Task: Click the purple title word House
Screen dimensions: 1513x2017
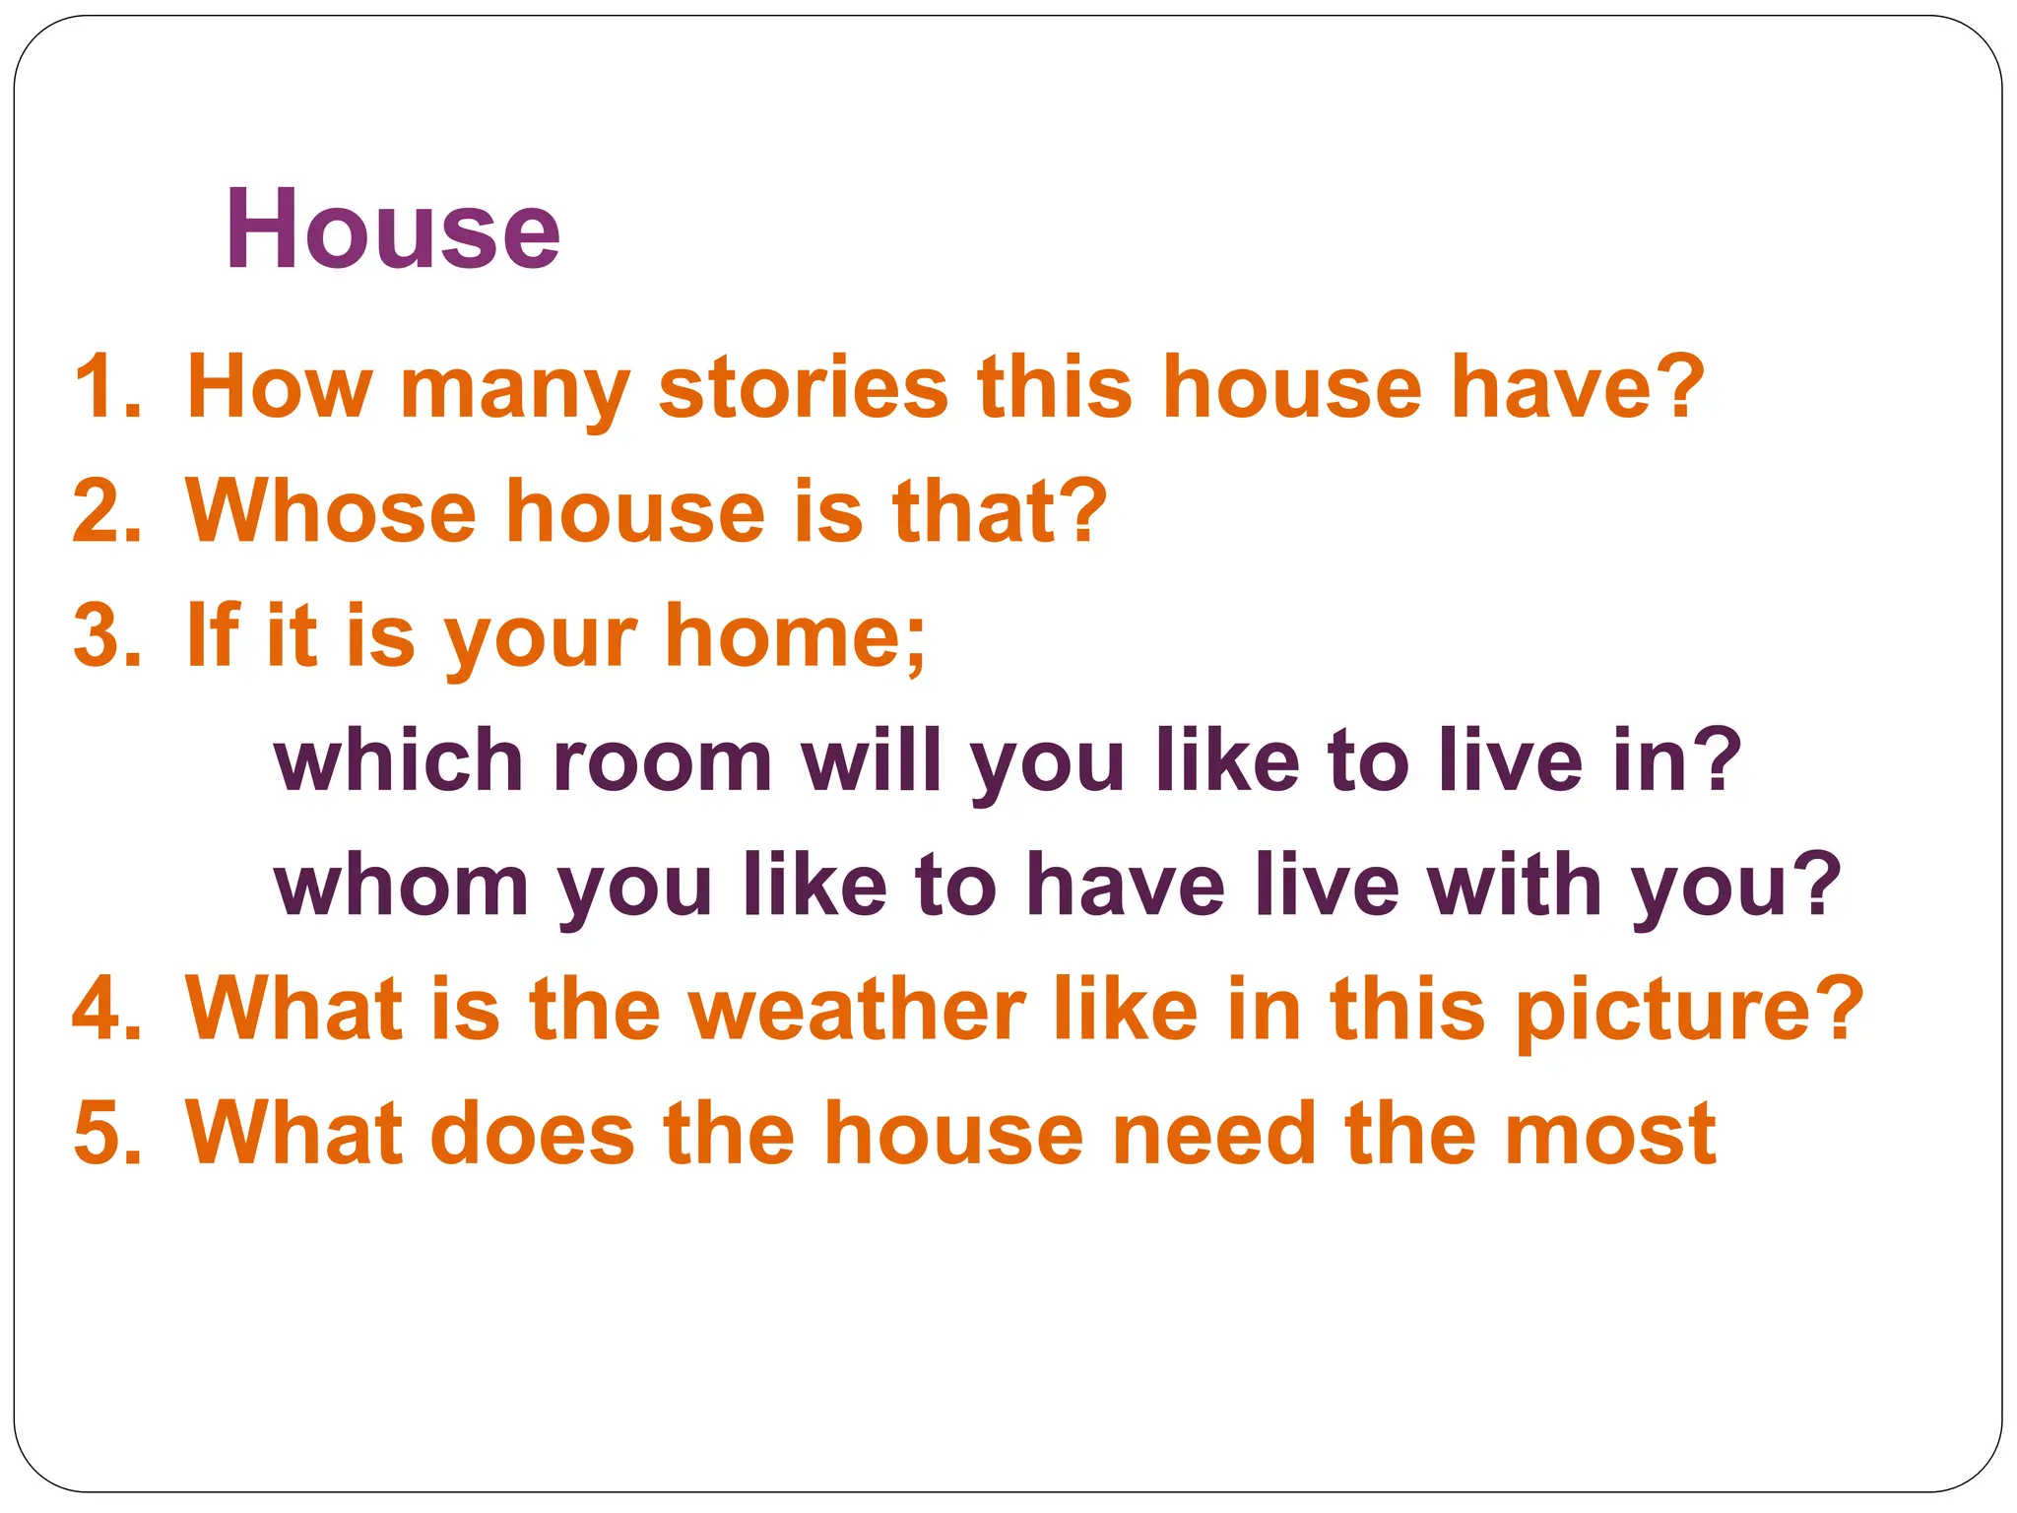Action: click(x=392, y=230)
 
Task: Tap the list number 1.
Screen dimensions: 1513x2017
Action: click(x=106, y=387)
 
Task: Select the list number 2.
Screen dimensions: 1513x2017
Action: click(x=106, y=511)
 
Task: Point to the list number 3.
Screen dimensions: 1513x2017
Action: click(x=106, y=635)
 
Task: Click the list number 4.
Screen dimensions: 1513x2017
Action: click(x=106, y=1008)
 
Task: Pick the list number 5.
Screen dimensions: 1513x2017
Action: click(x=106, y=1133)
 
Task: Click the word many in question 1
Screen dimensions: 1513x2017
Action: click(x=514, y=391)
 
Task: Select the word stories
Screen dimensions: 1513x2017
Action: click(x=803, y=387)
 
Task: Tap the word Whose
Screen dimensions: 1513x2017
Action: click(x=331, y=511)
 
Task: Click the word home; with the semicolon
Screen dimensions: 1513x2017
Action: click(x=796, y=637)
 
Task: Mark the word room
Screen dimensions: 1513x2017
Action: click(x=662, y=761)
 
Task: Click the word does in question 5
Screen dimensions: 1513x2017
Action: click(x=533, y=1133)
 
